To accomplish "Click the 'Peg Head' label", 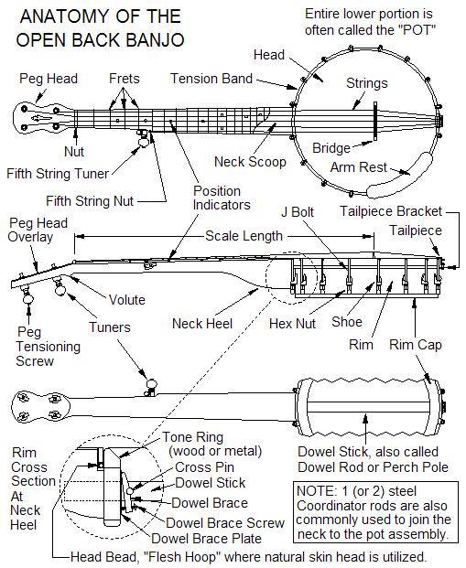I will coord(49,80).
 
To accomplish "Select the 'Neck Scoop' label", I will coord(250,162).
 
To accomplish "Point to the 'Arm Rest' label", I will coord(359,168).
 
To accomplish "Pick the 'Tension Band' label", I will coord(211,80).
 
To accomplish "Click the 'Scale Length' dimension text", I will coord(244,236).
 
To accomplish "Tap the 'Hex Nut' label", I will coord(293,323).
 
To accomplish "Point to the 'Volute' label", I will coord(126,299).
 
